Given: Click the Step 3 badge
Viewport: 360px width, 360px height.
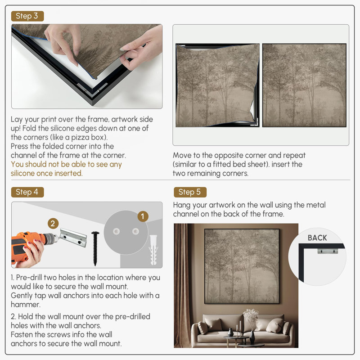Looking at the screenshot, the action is [27, 16].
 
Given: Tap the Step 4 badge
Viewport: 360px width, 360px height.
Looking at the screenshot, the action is [27, 192].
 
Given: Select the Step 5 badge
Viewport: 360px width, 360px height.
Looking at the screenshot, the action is [190, 192].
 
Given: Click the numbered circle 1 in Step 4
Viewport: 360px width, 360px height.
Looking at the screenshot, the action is [143, 216].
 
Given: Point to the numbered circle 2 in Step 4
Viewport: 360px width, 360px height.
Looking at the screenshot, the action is [53, 223].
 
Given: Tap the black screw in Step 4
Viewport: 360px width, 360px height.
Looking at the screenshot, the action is [95, 248].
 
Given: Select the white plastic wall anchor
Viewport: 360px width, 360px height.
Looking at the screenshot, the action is [153, 250].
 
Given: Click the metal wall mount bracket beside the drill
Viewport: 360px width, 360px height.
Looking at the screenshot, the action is [73, 238].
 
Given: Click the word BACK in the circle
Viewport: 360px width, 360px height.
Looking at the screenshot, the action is [317, 238].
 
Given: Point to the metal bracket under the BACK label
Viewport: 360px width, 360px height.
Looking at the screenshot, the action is [328, 251].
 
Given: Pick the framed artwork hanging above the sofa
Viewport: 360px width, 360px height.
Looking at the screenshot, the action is [242, 266].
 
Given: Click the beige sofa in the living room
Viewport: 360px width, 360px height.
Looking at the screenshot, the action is [243, 329].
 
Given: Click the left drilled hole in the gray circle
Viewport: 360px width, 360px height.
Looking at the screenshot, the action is [116, 231].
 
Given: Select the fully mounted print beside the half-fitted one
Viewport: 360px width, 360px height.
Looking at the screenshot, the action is [304, 85].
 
